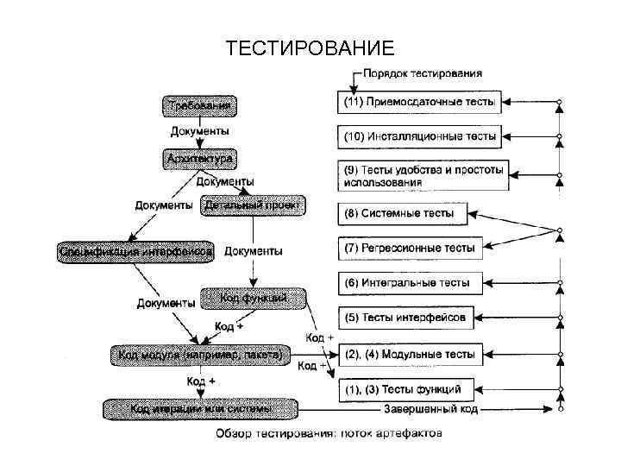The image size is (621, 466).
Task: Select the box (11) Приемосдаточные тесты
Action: click(x=419, y=103)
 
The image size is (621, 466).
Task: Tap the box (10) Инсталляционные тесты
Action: click(x=419, y=136)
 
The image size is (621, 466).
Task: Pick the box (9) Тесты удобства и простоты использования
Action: click(x=419, y=175)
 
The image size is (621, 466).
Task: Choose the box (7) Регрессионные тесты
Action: click(x=406, y=248)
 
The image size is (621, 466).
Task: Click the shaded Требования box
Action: click(x=199, y=106)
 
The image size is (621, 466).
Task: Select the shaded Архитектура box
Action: click(x=199, y=160)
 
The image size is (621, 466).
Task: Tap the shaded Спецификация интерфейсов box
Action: click(x=136, y=251)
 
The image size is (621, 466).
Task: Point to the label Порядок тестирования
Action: click(x=422, y=74)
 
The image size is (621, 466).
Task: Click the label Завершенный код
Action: click(x=430, y=409)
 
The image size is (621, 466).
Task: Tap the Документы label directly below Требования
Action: click(x=199, y=132)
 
